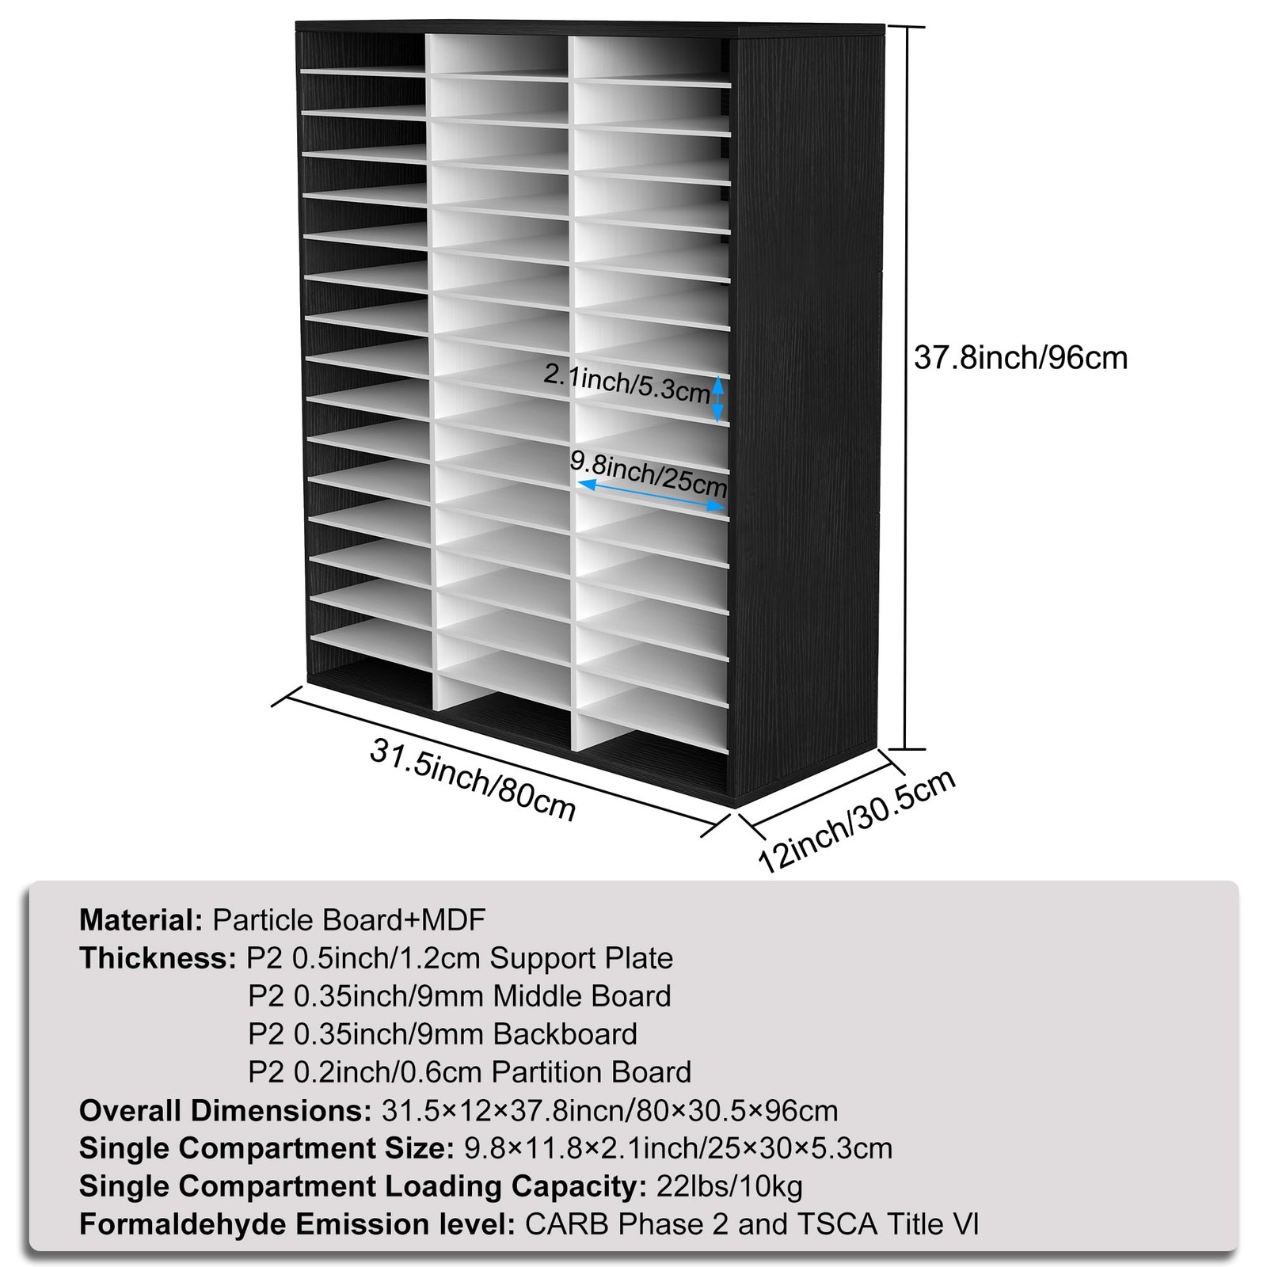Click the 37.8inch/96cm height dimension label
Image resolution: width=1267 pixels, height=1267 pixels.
[1021, 358]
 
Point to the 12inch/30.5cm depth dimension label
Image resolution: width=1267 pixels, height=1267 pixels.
[858, 820]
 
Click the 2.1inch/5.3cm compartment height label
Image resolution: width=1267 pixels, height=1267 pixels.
[626, 382]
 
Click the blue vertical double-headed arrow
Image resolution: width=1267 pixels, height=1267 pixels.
[718, 398]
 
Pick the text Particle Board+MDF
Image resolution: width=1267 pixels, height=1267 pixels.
[349, 920]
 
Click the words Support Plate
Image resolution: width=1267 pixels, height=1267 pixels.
[581, 958]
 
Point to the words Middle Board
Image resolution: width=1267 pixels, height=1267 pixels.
[582, 996]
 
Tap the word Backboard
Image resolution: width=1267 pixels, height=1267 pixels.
[565, 1034]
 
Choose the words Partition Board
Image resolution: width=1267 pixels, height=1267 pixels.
[591, 1072]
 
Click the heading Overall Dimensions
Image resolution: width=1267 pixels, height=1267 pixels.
[226, 1110]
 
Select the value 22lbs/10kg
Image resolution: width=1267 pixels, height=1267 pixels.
[729, 1186]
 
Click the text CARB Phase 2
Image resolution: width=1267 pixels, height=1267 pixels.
[628, 1224]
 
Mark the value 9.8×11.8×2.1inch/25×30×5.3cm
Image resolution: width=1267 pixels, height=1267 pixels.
[678, 1148]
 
